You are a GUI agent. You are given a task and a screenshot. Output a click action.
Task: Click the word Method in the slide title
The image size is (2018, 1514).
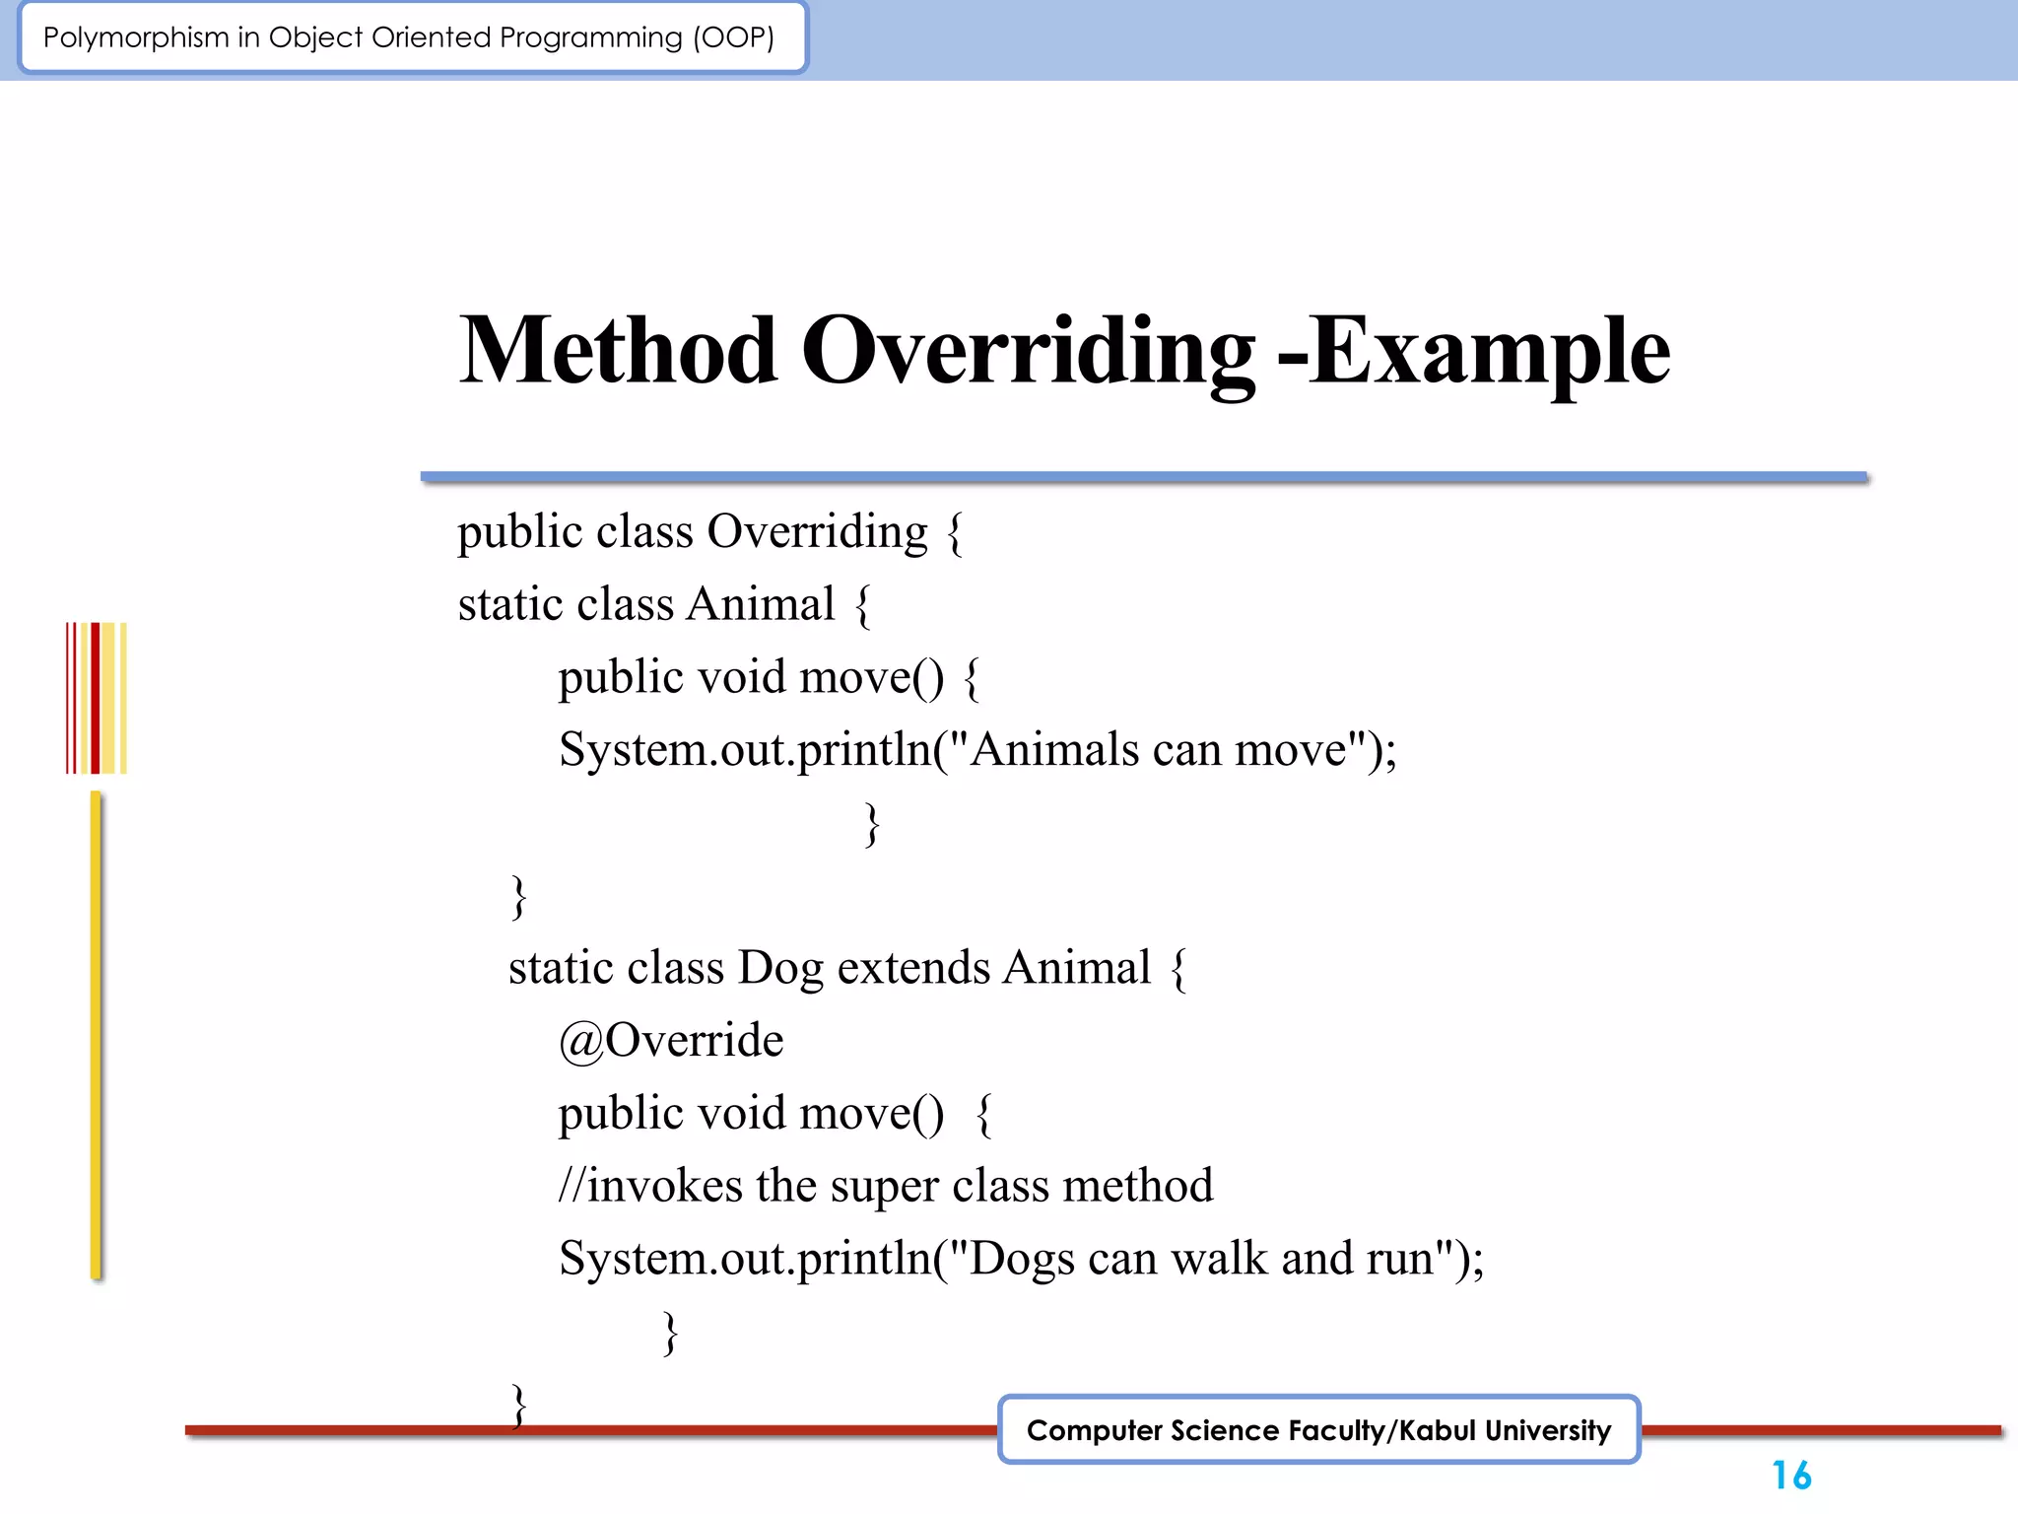pyautogui.click(x=618, y=351)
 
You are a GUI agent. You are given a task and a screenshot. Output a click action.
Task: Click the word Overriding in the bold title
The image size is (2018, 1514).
pyautogui.click(x=1028, y=351)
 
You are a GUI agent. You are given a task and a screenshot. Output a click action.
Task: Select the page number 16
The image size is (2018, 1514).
pyautogui.click(x=1790, y=1476)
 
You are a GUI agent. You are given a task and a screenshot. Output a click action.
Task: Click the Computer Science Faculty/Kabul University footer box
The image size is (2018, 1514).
pyautogui.click(x=1318, y=1430)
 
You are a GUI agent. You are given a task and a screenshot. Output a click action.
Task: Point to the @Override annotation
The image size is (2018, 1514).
pyautogui.click(x=670, y=1041)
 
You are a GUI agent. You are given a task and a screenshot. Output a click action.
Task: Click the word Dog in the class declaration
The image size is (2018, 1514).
pyautogui.click(x=779, y=968)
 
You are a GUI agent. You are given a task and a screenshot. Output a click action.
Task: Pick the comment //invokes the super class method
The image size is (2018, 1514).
pyautogui.click(x=885, y=1186)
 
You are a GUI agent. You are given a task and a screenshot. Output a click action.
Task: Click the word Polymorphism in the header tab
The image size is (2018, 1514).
pyautogui.click(x=136, y=37)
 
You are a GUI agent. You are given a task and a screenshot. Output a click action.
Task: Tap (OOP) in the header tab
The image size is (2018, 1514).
pyautogui.click(x=734, y=37)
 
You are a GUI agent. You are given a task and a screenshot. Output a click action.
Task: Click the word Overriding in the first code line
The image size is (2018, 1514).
pyautogui.click(x=817, y=532)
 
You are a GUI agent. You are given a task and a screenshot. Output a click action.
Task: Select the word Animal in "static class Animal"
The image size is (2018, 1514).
pyautogui.click(x=760, y=604)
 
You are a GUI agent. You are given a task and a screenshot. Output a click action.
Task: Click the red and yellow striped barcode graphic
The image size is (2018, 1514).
pyautogui.click(x=96, y=698)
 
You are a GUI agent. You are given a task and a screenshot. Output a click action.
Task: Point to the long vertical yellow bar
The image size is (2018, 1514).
pyautogui.click(x=96, y=1035)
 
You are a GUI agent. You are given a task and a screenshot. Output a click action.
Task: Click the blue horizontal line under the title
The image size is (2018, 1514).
pyautogui.click(x=1143, y=477)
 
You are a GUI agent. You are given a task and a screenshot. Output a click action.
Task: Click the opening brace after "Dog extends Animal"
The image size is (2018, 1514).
pyautogui.click(x=1178, y=969)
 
